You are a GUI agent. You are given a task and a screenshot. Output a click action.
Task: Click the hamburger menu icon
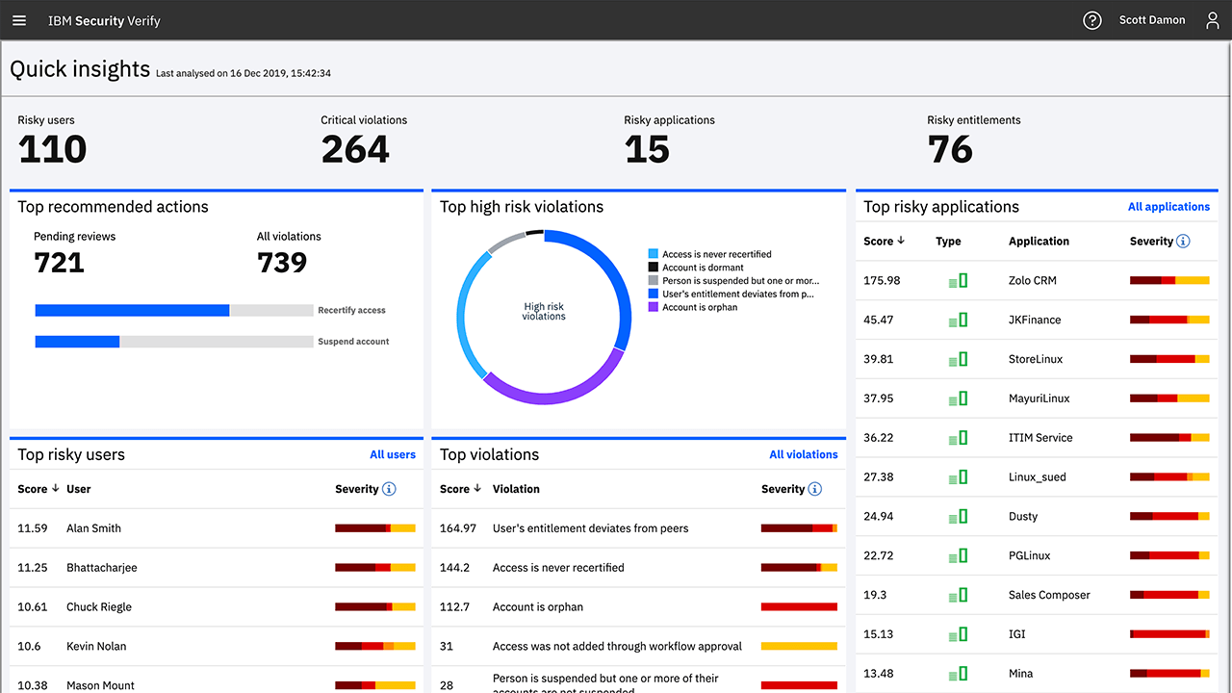pyautogui.click(x=19, y=20)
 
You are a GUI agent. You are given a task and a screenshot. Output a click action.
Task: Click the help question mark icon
pyautogui.click(x=1091, y=20)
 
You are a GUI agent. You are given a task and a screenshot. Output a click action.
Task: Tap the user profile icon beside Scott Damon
pyautogui.click(x=1213, y=20)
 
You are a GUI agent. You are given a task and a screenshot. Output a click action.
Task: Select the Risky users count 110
pyautogui.click(x=52, y=149)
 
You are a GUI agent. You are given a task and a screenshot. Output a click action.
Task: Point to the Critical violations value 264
pyautogui.click(x=355, y=149)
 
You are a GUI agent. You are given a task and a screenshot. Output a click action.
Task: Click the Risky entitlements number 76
pyautogui.click(x=950, y=149)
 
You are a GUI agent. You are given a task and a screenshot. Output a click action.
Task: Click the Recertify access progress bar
pyautogui.click(x=173, y=310)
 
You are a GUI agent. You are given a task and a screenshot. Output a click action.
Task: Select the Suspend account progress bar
pyautogui.click(x=173, y=342)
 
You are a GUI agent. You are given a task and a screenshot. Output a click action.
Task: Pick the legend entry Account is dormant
pyautogui.click(x=703, y=268)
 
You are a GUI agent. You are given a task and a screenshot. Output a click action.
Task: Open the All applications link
pyautogui.click(x=1168, y=207)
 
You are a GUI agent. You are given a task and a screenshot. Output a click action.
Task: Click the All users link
pyautogui.click(x=393, y=454)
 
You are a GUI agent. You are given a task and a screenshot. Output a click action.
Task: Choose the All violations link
pyautogui.click(x=804, y=454)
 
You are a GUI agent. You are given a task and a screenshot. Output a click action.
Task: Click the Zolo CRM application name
pyautogui.click(x=1032, y=281)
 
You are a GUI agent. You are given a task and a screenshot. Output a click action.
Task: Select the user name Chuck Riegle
pyautogui.click(x=99, y=607)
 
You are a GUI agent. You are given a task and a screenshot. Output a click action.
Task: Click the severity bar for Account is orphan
pyautogui.click(x=799, y=607)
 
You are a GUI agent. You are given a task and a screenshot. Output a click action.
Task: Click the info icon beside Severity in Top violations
pyautogui.click(x=815, y=489)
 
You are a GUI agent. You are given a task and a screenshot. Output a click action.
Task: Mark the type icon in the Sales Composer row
pyautogui.click(x=958, y=595)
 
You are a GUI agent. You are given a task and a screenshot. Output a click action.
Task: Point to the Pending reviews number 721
pyautogui.click(x=59, y=263)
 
